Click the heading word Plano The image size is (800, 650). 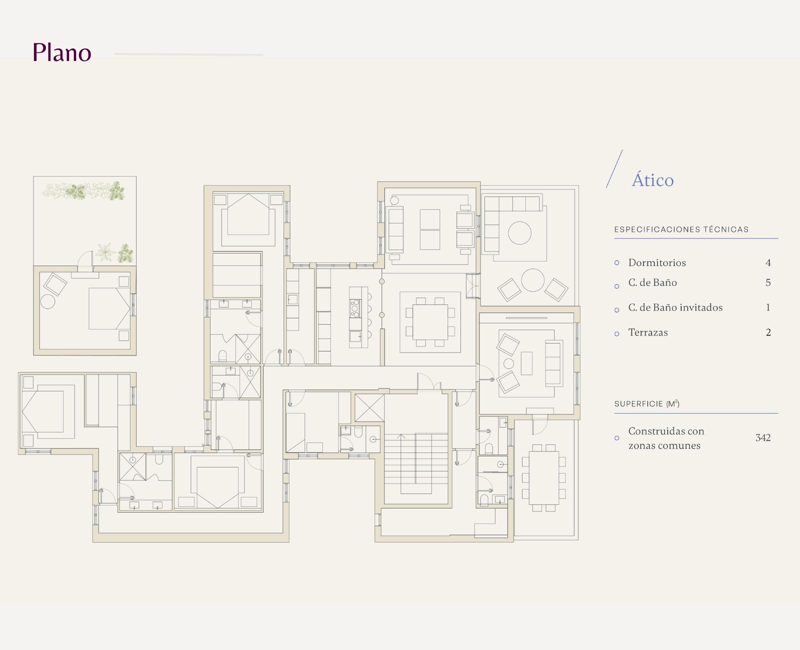coord(62,52)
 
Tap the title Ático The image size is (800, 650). coord(653,180)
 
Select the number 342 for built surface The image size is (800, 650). coord(763,438)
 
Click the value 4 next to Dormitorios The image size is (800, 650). coord(768,262)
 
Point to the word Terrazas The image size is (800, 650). coord(648,332)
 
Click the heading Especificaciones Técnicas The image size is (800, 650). coord(681,229)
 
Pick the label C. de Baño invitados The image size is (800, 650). coord(675,307)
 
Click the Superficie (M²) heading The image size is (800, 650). coord(647,403)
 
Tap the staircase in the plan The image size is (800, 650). coord(416,463)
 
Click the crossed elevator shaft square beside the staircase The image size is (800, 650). coord(369,408)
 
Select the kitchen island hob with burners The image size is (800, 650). coord(355,308)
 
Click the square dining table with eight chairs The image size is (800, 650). coord(430,322)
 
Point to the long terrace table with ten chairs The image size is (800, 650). coord(544,477)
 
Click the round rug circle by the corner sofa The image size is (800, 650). coord(520,233)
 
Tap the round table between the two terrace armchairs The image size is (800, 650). coord(532,280)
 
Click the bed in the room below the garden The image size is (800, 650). coord(109,308)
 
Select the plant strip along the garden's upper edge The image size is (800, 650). coord(83,191)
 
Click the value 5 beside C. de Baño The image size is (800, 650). coord(768,282)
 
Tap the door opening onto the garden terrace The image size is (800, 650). coord(85,261)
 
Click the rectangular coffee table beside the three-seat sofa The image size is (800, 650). coord(526,363)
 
